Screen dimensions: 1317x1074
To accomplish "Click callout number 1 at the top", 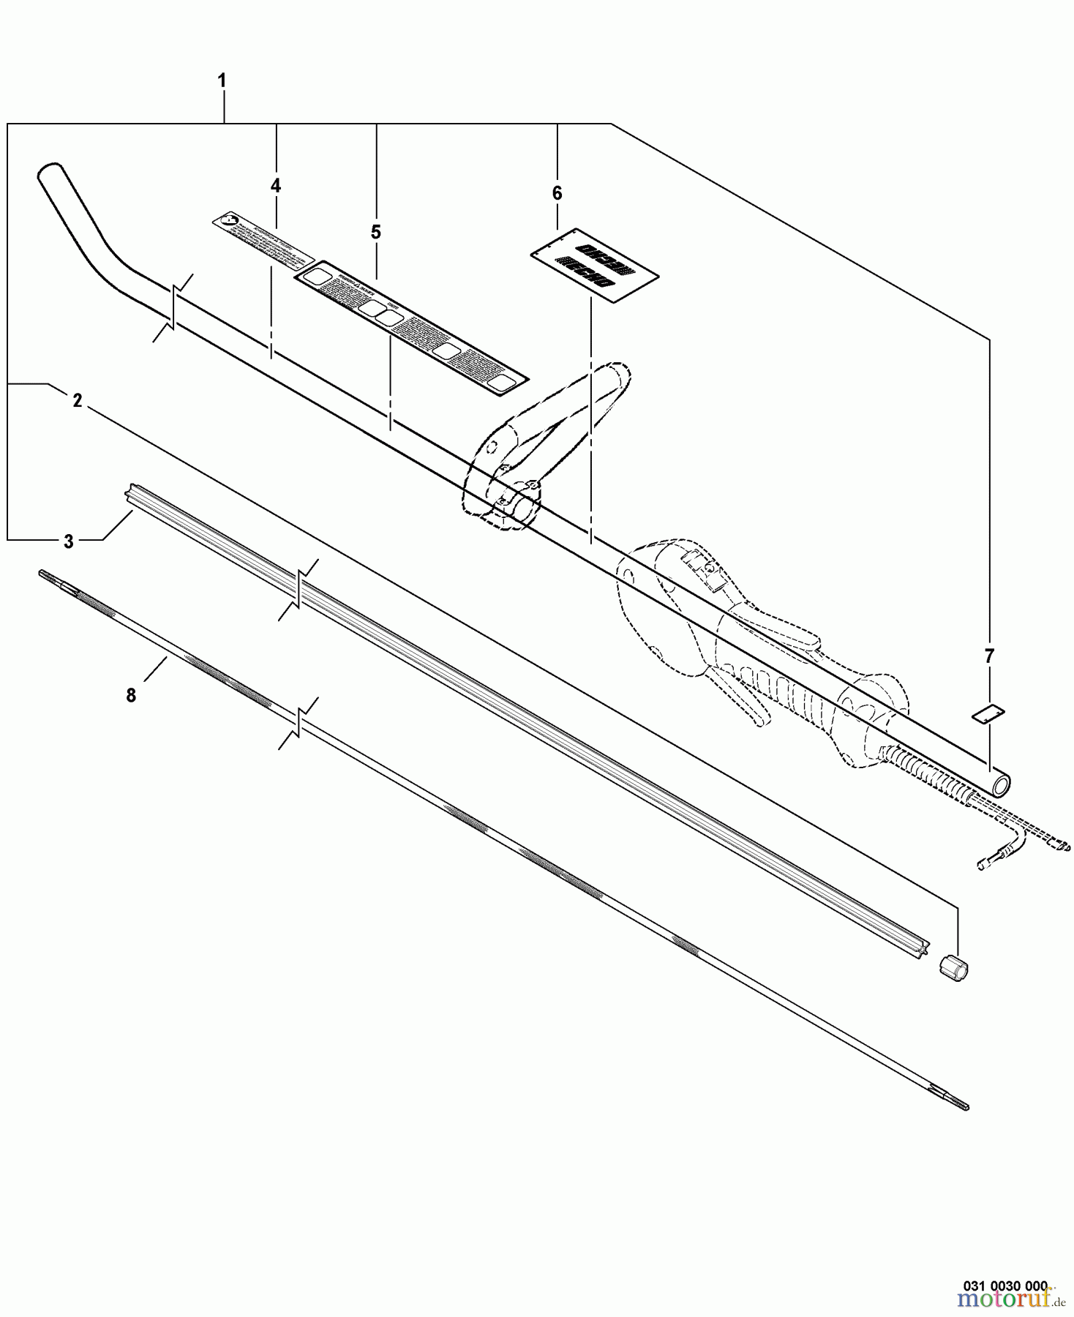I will [x=222, y=80].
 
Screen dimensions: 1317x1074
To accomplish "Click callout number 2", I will [x=77, y=401].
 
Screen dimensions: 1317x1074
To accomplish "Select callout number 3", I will [x=68, y=541].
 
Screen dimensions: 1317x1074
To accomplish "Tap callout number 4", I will [x=276, y=186].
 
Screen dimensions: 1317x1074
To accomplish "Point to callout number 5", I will [x=375, y=232].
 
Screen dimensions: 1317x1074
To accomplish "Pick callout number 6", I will [x=557, y=193].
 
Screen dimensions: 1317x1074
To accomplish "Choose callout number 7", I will [x=989, y=656].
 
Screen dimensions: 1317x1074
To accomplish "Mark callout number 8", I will [x=131, y=695].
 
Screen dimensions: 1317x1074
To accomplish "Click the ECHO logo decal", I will [x=594, y=266].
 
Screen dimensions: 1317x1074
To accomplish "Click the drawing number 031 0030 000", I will [x=1010, y=1284].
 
